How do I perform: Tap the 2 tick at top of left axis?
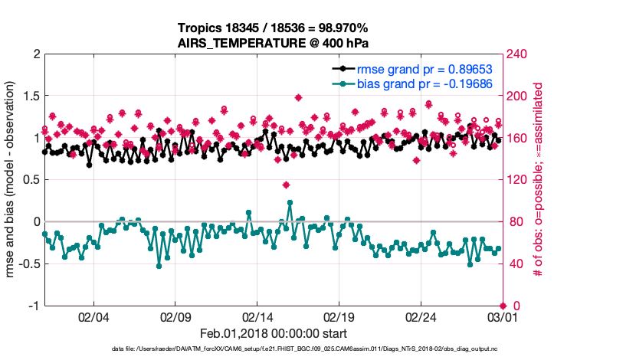click(x=35, y=54)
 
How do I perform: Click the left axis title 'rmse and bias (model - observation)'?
click(x=11, y=180)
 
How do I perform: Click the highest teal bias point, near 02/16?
click(x=290, y=203)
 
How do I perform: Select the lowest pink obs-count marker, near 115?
click(x=286, y=185)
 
